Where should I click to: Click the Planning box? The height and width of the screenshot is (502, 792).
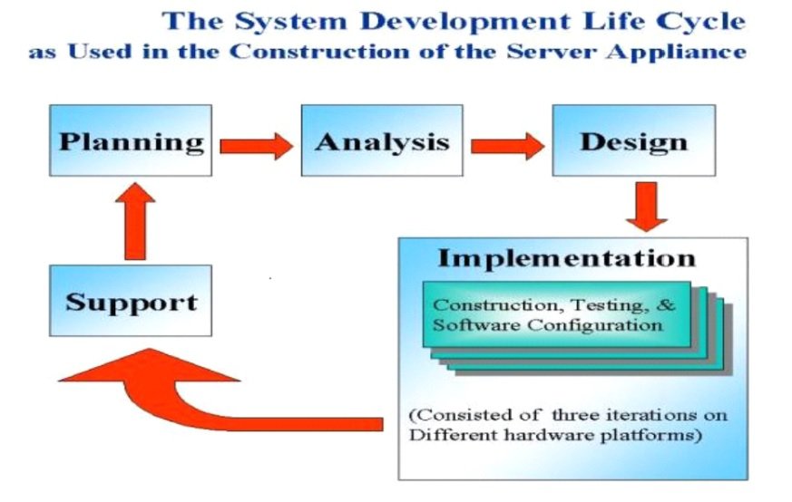point(131,140)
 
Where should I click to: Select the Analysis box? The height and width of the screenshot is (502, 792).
point(382,140)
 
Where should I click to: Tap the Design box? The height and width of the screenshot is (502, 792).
point(634,140)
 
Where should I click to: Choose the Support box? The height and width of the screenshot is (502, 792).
point(131,301)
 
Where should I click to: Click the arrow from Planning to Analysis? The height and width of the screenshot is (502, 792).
point(256,146)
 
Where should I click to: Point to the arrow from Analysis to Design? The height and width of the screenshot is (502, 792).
point(508,146)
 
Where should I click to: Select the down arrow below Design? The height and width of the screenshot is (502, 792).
point(647,207)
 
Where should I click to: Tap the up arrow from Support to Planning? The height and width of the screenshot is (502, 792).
point(135,221)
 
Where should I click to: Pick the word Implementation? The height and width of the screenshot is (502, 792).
point(566,258)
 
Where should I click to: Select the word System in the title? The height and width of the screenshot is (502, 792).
point(291,22)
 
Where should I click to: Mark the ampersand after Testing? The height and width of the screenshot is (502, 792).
point(667,304)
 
